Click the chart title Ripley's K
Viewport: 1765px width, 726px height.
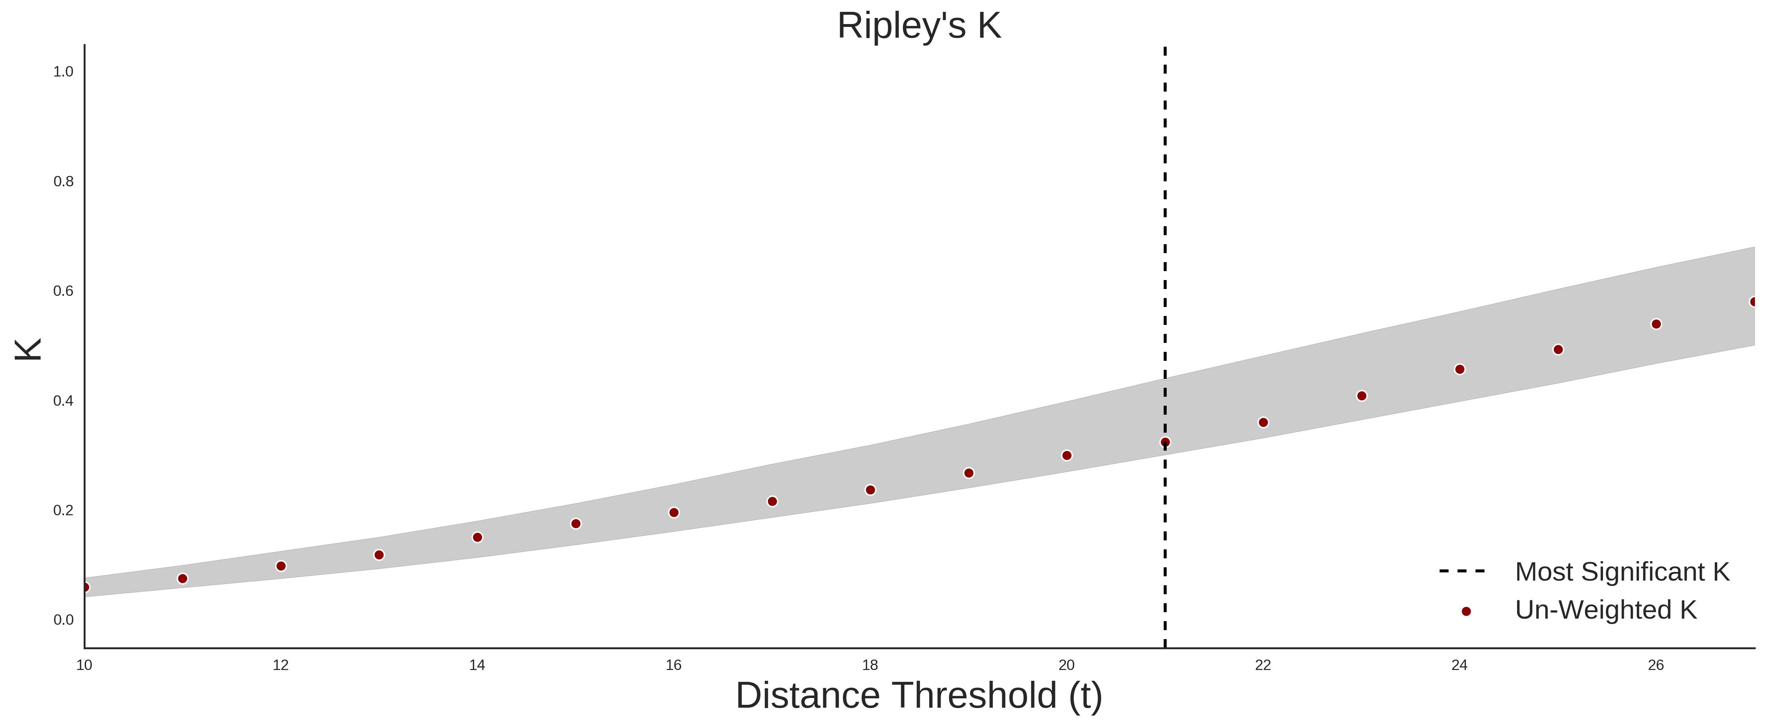(919, 26)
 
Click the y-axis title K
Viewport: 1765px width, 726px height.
(28, 349)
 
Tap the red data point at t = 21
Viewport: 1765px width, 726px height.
(1165, 442)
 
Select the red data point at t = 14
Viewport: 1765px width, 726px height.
(478, 537)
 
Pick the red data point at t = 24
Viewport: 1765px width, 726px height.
(1459, 369)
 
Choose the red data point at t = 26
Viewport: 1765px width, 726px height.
(1656, 324)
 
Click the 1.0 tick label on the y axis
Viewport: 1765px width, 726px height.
(63, 72)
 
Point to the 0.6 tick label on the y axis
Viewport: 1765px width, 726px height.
(63, 291)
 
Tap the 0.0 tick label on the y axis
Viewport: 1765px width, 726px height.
(63, 620)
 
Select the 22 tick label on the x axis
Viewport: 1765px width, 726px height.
(1263, 665)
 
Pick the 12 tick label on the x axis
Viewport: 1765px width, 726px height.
(281, 665)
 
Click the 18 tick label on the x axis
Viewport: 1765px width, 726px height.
(870, 665)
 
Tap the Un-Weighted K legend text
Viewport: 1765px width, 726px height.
(1606, 610)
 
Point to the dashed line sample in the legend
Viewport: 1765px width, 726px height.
(1462, 571)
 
